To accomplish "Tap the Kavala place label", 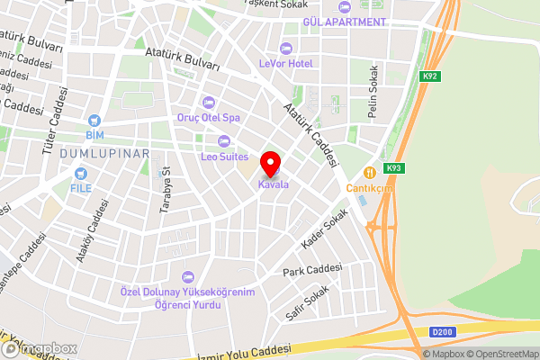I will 274,184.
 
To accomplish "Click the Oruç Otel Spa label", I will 207,118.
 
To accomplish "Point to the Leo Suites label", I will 224,157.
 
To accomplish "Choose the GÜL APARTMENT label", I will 345,20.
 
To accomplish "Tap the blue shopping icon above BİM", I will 94,120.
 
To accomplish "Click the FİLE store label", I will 82,188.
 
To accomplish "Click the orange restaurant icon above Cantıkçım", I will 368,173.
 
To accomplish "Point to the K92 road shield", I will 430,77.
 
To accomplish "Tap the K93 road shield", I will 393,168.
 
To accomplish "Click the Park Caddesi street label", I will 312,270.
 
